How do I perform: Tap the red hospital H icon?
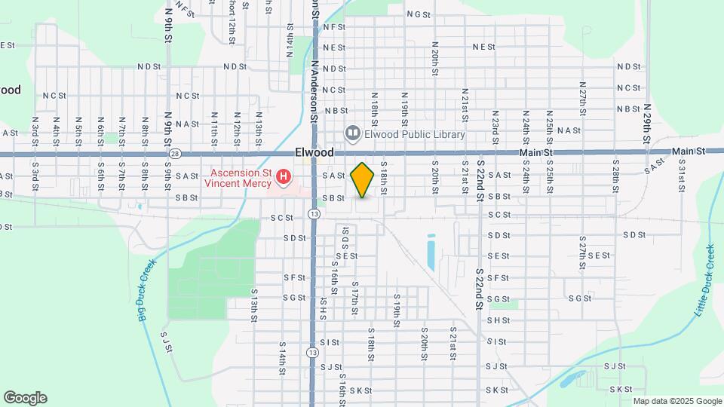click(x=284, y=178)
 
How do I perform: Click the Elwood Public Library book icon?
click(x=351, y=134)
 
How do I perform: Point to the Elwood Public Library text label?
click(x=415, y=135)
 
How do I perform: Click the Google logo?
click(x=25, y=398)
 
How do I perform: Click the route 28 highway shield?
click(x=175, y=154)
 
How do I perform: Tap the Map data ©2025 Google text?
click(x=677, y=401)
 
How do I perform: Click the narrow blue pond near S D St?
click(x=431, y=252)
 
